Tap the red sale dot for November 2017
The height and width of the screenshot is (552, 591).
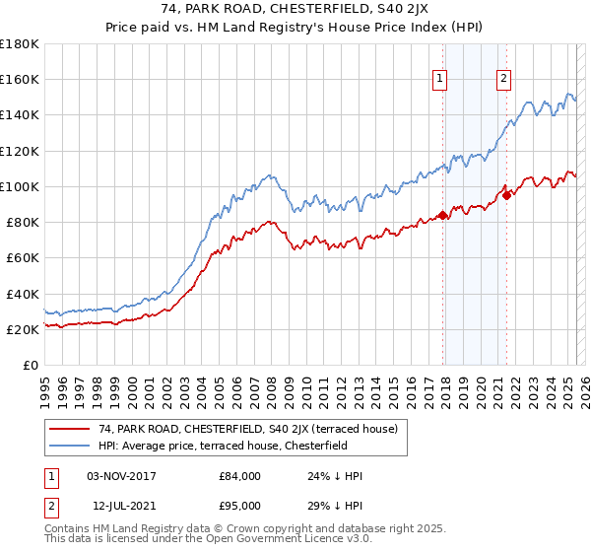click(443, 215)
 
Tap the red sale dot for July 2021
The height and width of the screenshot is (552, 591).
click(507, 194)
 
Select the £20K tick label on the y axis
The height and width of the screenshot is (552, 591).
click(23, 329)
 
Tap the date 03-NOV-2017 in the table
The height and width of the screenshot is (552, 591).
click(122, 476)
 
